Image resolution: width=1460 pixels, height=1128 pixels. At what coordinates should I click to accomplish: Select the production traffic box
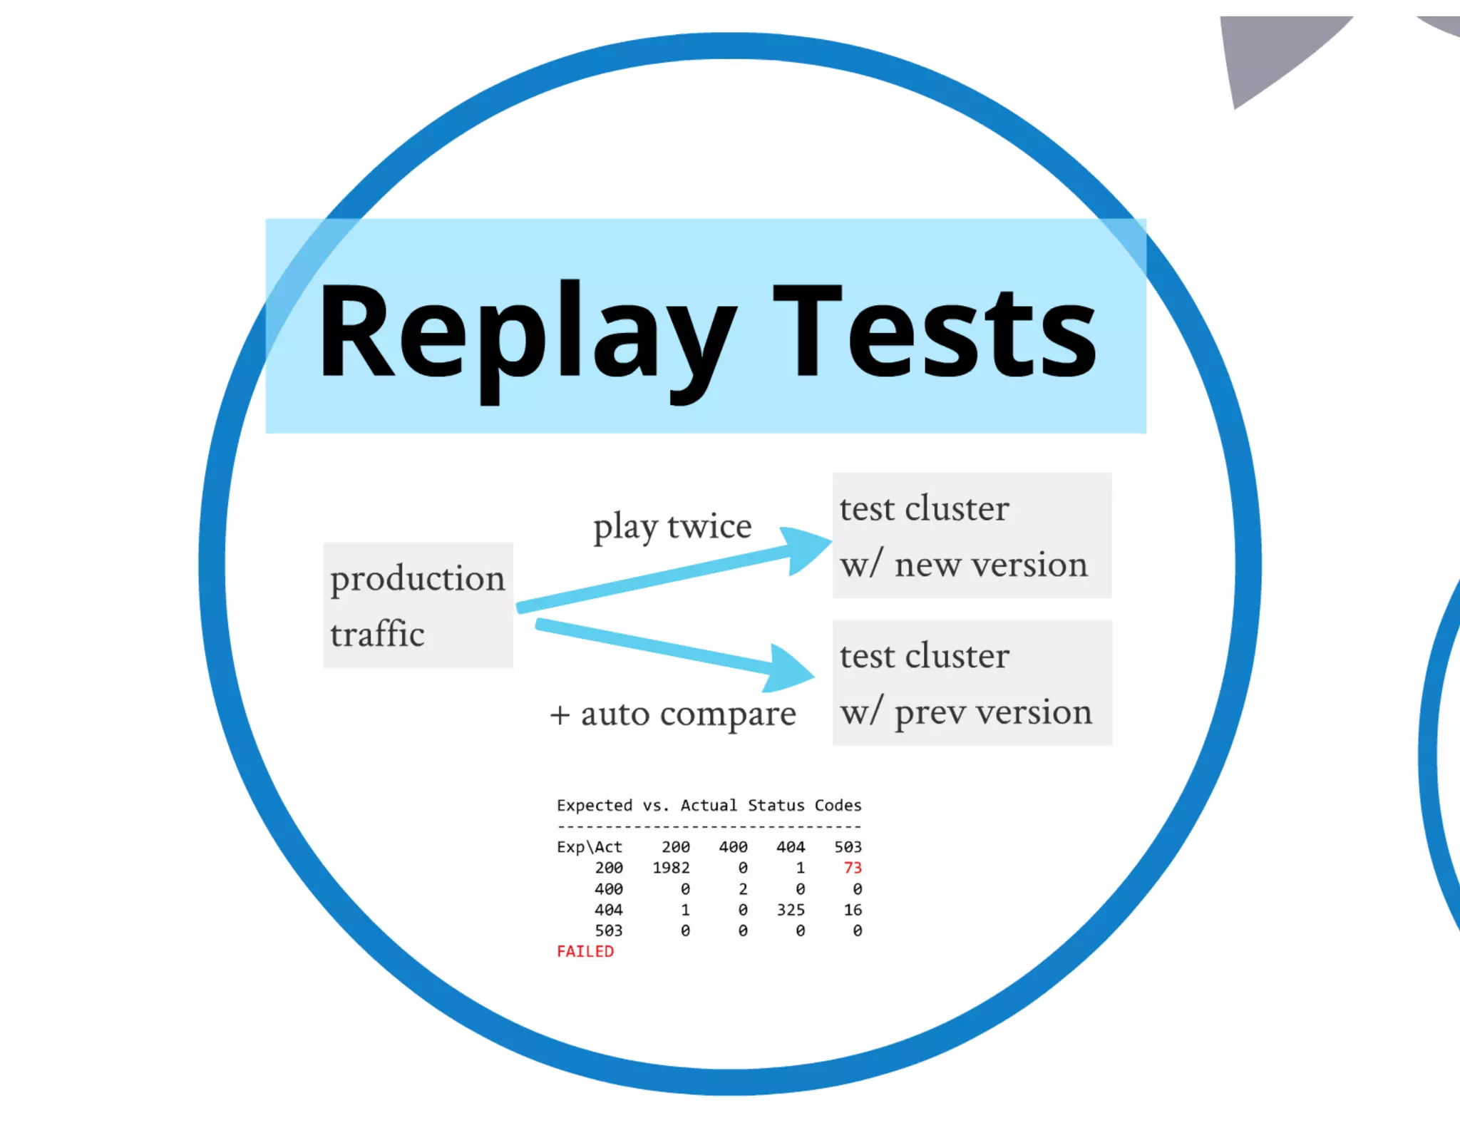click(x=418, y=605)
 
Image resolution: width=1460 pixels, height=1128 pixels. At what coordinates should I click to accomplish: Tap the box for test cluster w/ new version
click(x=972, y=535)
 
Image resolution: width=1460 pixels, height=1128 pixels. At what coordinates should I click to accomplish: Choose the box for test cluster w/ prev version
click(x=972, y=683)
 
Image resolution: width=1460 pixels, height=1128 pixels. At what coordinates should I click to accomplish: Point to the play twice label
click(x=672, y=527)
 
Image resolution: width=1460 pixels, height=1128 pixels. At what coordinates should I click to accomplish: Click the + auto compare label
click(x=673, y=714)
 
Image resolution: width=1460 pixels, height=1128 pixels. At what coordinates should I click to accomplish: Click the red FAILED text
click(x=585, y=951)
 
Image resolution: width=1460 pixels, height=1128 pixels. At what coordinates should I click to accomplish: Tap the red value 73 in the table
click(x=853, y=868)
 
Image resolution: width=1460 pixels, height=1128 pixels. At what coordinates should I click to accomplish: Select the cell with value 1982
click(x=672, y=868)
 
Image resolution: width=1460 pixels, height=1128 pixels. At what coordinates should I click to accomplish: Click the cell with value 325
click(x=791, y=910)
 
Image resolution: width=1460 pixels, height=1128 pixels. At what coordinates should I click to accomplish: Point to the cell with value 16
click(x=853, y=910)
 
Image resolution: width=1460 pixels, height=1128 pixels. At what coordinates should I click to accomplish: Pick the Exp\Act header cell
click(x=590, y=847)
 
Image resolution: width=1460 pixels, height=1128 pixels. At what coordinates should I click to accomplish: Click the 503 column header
click(x=848, y=847)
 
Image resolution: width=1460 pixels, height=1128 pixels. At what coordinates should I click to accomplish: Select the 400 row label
click(x=609, y=889)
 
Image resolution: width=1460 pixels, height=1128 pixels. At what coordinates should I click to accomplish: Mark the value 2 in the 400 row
click(x=743, y=889)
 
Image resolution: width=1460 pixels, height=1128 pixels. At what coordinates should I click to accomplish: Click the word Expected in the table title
click(x=595, y=806)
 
